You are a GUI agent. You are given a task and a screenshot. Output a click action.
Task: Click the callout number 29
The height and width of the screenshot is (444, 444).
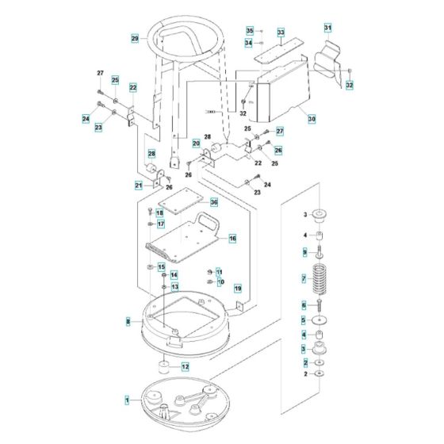coord(135,39)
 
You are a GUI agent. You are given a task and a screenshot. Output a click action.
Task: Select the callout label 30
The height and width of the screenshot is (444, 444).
coord(312,118)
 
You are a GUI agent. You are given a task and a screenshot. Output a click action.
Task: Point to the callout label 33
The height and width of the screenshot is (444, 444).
coord(280,33)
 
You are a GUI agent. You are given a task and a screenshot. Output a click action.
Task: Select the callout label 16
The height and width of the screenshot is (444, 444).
coord(232,238)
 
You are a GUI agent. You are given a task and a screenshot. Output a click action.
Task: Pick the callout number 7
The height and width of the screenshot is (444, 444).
coord(303,279)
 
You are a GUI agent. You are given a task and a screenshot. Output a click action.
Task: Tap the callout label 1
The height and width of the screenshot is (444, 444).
coord(125,403)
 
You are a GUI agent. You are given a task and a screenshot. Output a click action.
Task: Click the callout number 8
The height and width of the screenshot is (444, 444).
coord(128,321)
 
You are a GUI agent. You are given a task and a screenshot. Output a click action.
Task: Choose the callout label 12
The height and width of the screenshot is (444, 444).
coord(185,366)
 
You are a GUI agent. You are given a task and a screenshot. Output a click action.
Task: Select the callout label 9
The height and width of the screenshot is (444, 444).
coord(303,252)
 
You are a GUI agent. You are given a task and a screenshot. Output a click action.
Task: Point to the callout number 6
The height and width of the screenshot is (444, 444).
coord(303,305)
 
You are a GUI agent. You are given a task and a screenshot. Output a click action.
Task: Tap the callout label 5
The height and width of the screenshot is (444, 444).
coord(303,320)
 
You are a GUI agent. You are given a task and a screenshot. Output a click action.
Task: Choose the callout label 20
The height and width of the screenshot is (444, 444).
coord(196,143)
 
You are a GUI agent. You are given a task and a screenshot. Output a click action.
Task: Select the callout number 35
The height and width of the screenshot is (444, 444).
coord(249,30)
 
